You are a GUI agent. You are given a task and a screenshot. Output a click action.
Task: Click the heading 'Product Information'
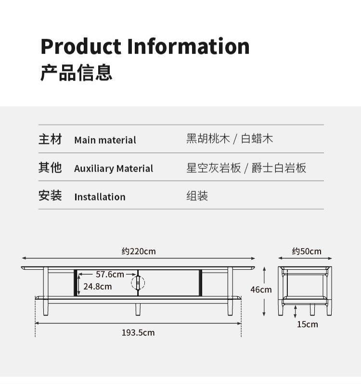145,46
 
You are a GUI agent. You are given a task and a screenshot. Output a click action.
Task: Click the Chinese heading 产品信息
76,72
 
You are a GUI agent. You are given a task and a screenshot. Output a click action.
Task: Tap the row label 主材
51,140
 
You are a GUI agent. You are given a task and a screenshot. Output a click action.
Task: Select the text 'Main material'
105,140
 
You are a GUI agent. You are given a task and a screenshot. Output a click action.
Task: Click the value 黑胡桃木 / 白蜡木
230,139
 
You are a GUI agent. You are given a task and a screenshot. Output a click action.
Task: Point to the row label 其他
51,168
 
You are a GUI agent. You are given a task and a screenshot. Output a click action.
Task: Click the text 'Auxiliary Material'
114,169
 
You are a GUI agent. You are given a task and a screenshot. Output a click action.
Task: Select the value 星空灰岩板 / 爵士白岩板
246,168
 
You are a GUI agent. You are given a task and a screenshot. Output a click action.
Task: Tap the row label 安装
51,196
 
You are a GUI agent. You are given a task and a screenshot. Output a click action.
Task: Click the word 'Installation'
100,197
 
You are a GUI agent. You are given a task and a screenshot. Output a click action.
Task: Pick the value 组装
197,196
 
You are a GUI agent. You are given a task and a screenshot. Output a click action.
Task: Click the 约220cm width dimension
139,251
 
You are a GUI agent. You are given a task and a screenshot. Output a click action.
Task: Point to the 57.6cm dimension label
110,275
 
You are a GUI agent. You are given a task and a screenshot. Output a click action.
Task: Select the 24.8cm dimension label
97,286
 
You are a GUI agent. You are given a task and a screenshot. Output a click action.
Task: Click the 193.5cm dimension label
138,332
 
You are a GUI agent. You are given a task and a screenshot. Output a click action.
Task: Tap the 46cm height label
261,290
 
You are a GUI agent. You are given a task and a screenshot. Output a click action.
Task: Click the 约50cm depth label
306,251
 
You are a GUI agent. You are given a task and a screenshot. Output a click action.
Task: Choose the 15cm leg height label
307,324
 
